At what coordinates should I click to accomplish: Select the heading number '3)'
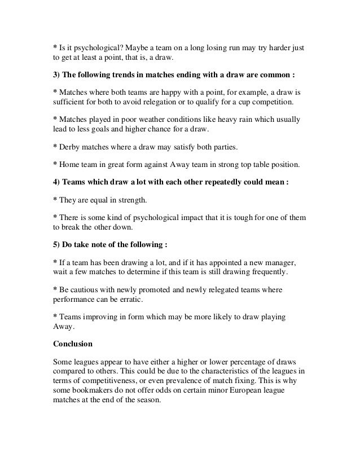pos(58,74)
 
